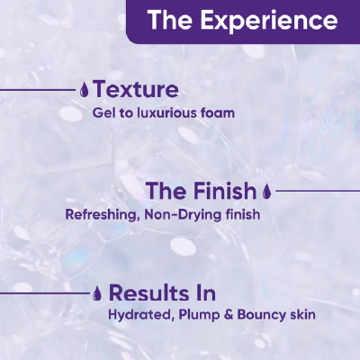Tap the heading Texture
[135, 90]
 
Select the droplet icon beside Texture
[84, 90]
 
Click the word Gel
[103, 113]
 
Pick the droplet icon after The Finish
[265, 191]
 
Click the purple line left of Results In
[45, 292]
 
